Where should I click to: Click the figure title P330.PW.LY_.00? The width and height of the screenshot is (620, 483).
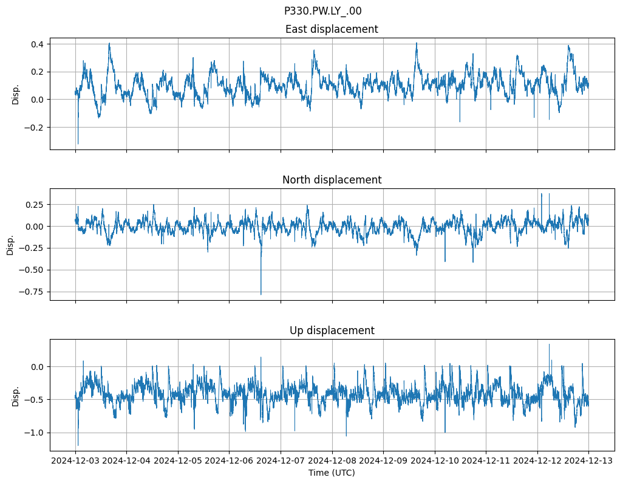[x=322, y=11]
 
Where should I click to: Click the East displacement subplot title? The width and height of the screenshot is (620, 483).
[x=332, y=29]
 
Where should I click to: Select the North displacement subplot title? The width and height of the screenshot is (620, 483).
[x=332, y=180]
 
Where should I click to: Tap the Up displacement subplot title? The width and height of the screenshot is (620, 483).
[x=332, y=331]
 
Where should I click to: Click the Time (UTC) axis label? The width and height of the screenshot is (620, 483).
[x=332, y=473]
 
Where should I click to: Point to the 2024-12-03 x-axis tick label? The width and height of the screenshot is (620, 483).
[x=75, y=461]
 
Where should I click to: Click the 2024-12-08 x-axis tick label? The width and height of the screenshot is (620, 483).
[x=332, y=461]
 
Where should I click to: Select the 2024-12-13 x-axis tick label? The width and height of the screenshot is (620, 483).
[x=588, y=461]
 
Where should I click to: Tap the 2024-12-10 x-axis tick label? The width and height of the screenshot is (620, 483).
[x=434, y=461]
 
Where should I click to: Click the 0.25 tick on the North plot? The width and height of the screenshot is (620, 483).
[x=33, y=205]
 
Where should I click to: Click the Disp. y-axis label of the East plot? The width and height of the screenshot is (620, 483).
[x=16, y=94]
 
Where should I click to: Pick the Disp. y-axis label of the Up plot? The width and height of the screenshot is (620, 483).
[x=16, y=396]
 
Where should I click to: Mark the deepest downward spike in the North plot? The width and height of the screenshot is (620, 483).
[x=261, y=295]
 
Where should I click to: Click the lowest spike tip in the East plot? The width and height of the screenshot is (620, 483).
[x=78, y=144]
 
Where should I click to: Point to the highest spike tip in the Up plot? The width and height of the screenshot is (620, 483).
[x=549, y=344]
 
